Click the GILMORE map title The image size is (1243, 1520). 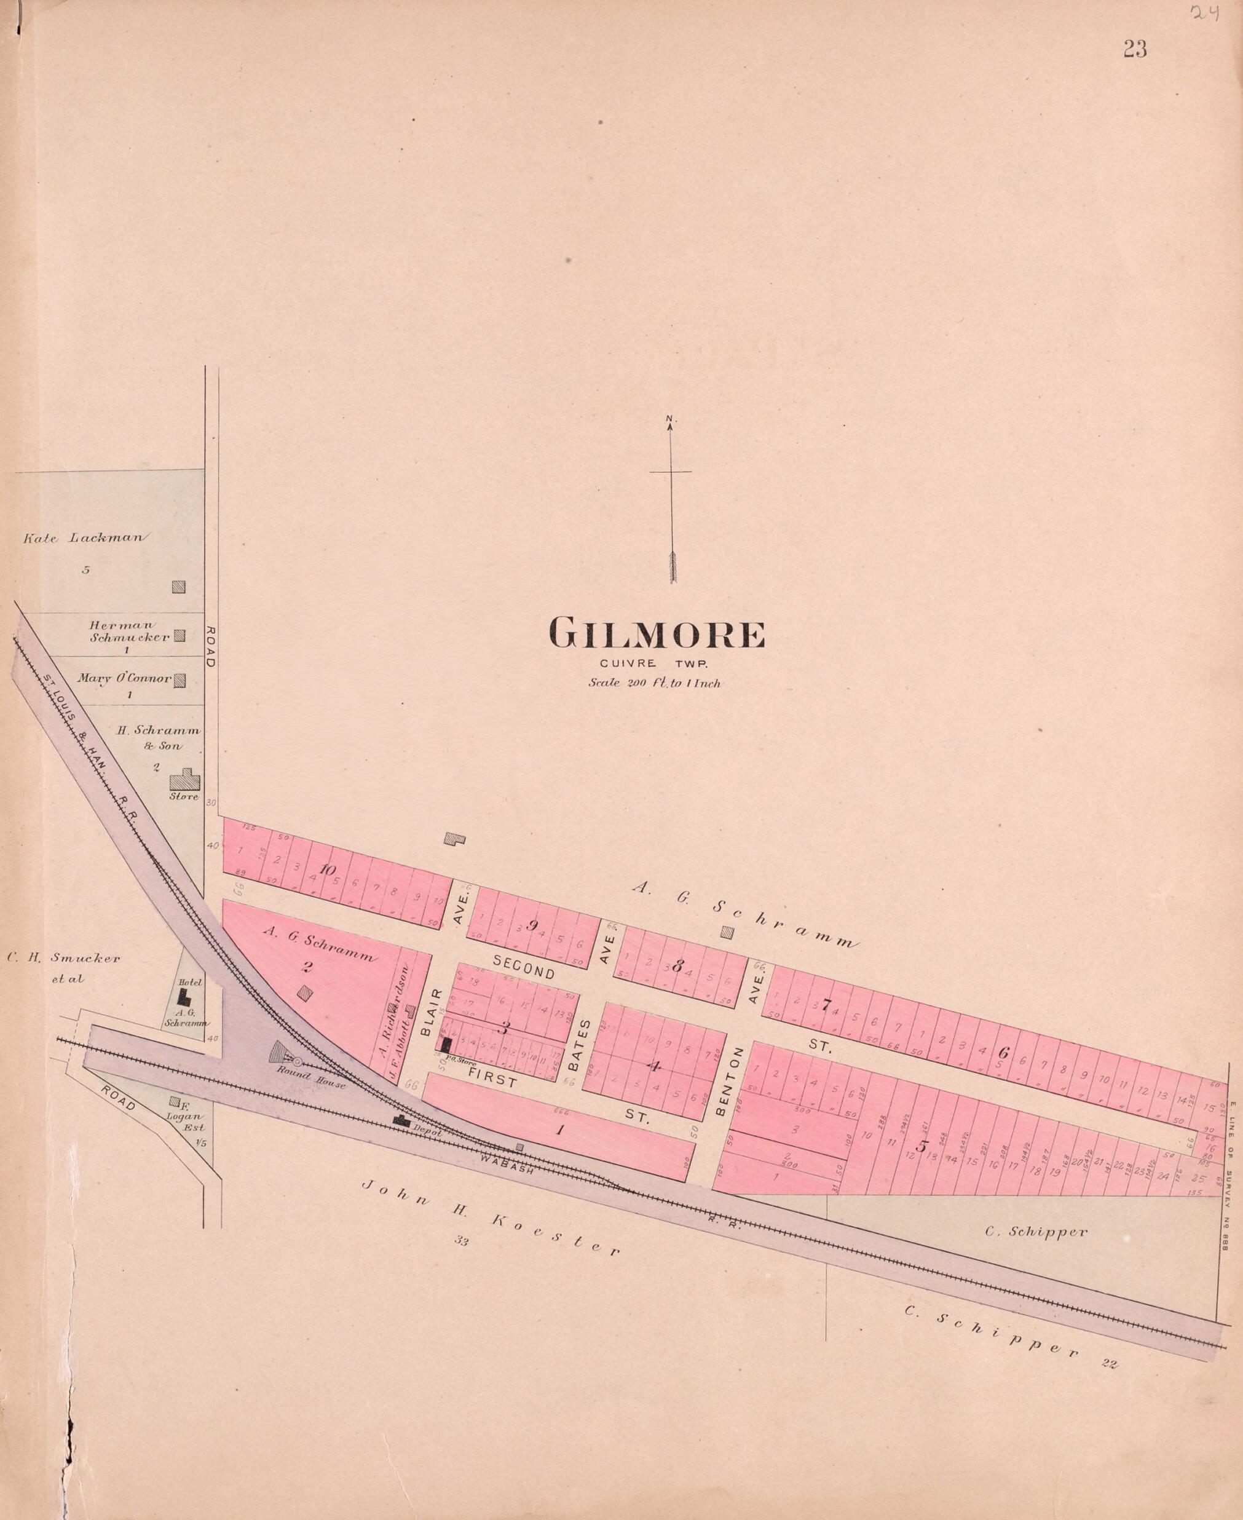coord(656,634)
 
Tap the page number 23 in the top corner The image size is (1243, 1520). coord(1135,49)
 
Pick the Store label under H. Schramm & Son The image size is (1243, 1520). coord(183,796)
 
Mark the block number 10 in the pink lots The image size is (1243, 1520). coord(327,869)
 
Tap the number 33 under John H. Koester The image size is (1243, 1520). coord(460,1242)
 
